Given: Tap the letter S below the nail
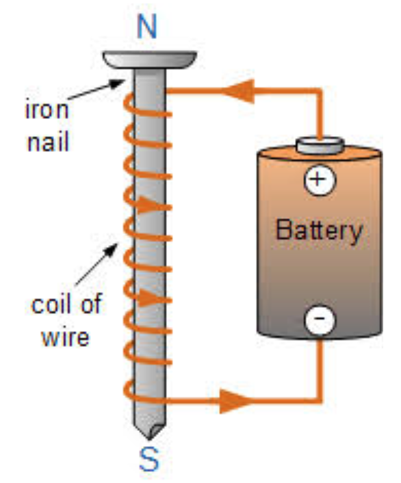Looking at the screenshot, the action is coord(149,459).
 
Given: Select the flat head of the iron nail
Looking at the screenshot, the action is coord(150,60).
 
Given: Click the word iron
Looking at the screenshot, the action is coord(47,109).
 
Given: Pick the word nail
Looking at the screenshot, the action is coord(48,141).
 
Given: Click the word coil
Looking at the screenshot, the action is coord(51,304).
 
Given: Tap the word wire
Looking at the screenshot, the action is coord(65,337).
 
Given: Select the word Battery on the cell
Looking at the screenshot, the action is coord(319,231).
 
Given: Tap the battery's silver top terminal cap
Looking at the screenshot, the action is coord(320,146).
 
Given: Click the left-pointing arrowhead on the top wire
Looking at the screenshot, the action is coord(239,91).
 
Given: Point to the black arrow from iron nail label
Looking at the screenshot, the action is coord(96,90).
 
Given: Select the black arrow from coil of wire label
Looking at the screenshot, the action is coord(96,264).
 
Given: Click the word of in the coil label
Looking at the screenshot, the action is coord(91,304).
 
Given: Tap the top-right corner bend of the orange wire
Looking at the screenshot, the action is coord(320,91).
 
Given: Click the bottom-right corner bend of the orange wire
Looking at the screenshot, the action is coord(320,400).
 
